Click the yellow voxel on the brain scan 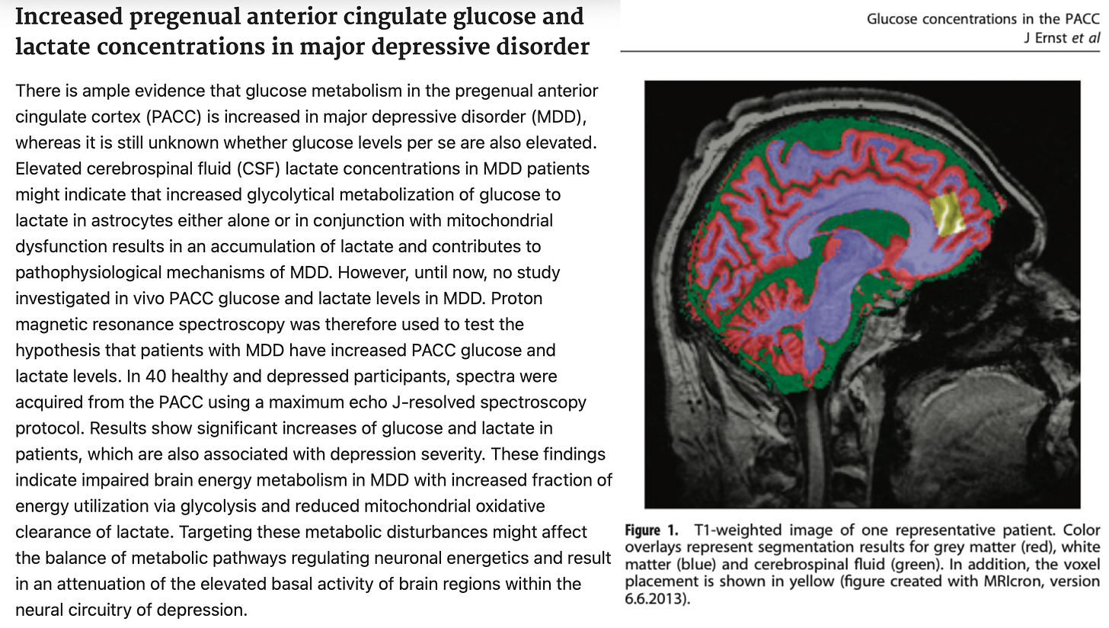pyautogui.click(x=949, y=213)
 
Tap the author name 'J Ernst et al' pyautogui.click(x=1062, y=38)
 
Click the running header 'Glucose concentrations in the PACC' pyautogui.click(x=983, y=19)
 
